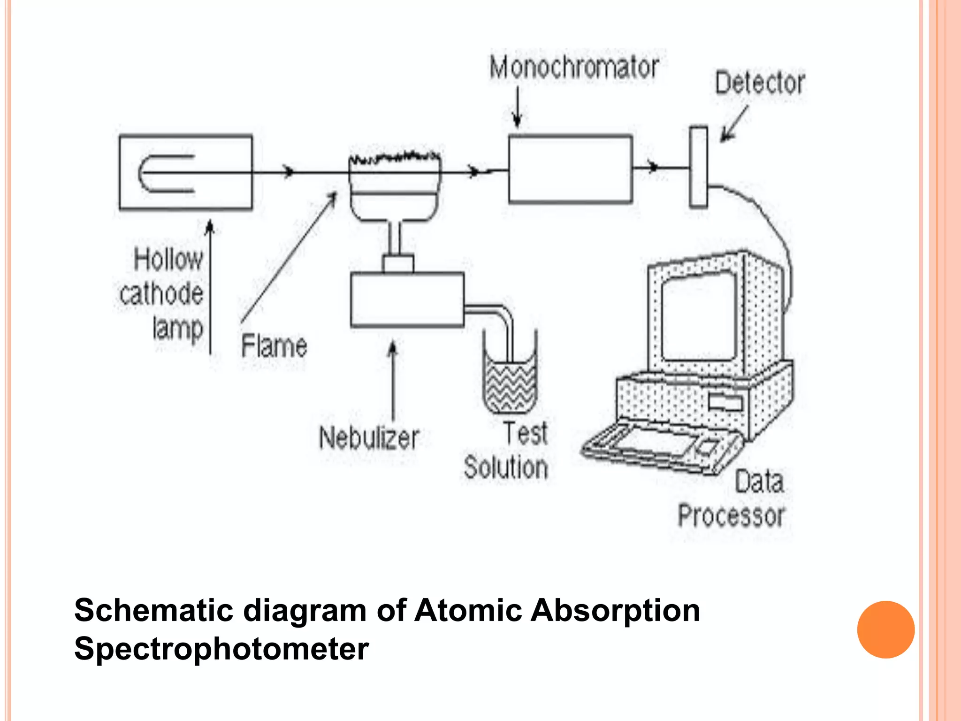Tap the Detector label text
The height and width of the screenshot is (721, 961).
(x=760, y=84)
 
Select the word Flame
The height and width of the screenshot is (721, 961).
(x=274, y=346)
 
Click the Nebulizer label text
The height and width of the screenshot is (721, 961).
(x=369, y=438)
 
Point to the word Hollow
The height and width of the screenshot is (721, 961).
(x=168, y=259)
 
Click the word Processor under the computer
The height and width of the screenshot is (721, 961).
(x=731, y=516)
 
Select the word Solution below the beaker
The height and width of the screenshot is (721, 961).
(x=506, y=468)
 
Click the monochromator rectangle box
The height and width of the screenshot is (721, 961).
(x=570, y=169)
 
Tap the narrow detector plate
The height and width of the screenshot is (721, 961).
(x=698, y=167)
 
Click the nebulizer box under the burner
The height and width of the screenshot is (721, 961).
(x=407, y=299)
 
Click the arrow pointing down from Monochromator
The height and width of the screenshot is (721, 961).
(x=517, y=108)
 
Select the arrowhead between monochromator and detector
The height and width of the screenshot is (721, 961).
(x=653, y=167)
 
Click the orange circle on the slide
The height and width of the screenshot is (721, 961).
(x=885, y=629)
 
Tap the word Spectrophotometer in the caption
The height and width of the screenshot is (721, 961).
(x=221, y=649)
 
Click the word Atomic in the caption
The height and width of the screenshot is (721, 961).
(x=468, y=610)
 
